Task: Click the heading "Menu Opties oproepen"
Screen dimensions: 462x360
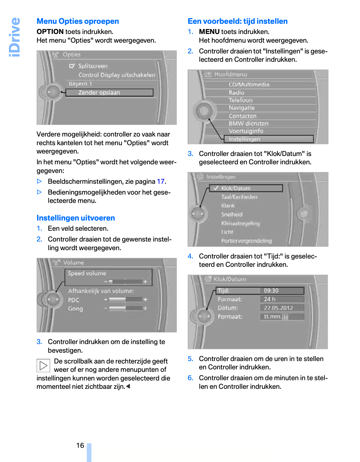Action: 78,21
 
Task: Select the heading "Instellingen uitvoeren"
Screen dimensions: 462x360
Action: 76,218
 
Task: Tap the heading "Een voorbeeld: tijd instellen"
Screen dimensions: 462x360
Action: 238,21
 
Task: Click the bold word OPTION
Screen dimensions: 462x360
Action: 50,32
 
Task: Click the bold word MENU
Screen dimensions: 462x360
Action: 209,32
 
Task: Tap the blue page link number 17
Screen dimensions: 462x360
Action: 161,182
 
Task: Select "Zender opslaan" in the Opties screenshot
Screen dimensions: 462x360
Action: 99,93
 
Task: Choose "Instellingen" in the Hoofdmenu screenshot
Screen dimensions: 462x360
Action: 244,139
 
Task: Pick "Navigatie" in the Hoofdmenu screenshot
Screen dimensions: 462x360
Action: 242,108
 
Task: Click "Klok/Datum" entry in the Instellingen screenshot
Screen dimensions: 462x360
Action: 236,188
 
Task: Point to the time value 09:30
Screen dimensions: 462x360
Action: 271,291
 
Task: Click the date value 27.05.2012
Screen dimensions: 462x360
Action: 278,308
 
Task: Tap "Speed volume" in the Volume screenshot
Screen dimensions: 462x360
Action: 87,273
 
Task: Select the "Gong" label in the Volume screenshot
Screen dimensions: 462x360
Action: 75,309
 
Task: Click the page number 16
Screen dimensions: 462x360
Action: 80,445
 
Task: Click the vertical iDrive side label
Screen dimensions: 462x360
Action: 15,37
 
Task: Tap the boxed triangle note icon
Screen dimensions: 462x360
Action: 43,366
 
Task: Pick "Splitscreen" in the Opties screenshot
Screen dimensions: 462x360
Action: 93,66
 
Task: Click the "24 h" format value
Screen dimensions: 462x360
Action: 269,299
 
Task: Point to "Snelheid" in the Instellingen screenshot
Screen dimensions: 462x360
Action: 232,214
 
